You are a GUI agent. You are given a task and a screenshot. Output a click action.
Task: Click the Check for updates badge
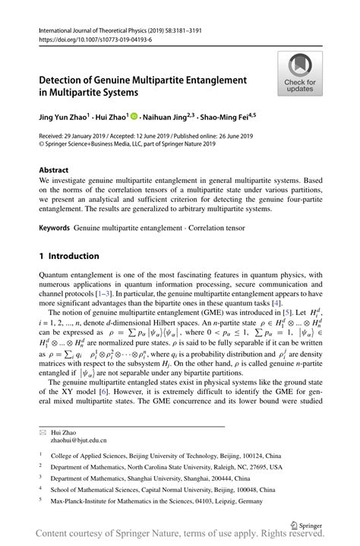click(x=300, y=74)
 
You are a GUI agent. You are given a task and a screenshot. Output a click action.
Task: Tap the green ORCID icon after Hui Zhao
click(x=134, y=118)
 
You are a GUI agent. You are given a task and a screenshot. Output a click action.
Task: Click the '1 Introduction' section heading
click(x=69, y=256)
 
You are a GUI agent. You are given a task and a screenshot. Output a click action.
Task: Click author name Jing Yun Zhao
click(x=63, y=118)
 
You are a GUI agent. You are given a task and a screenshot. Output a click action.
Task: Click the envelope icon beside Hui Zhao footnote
click(x=43, y=431)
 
